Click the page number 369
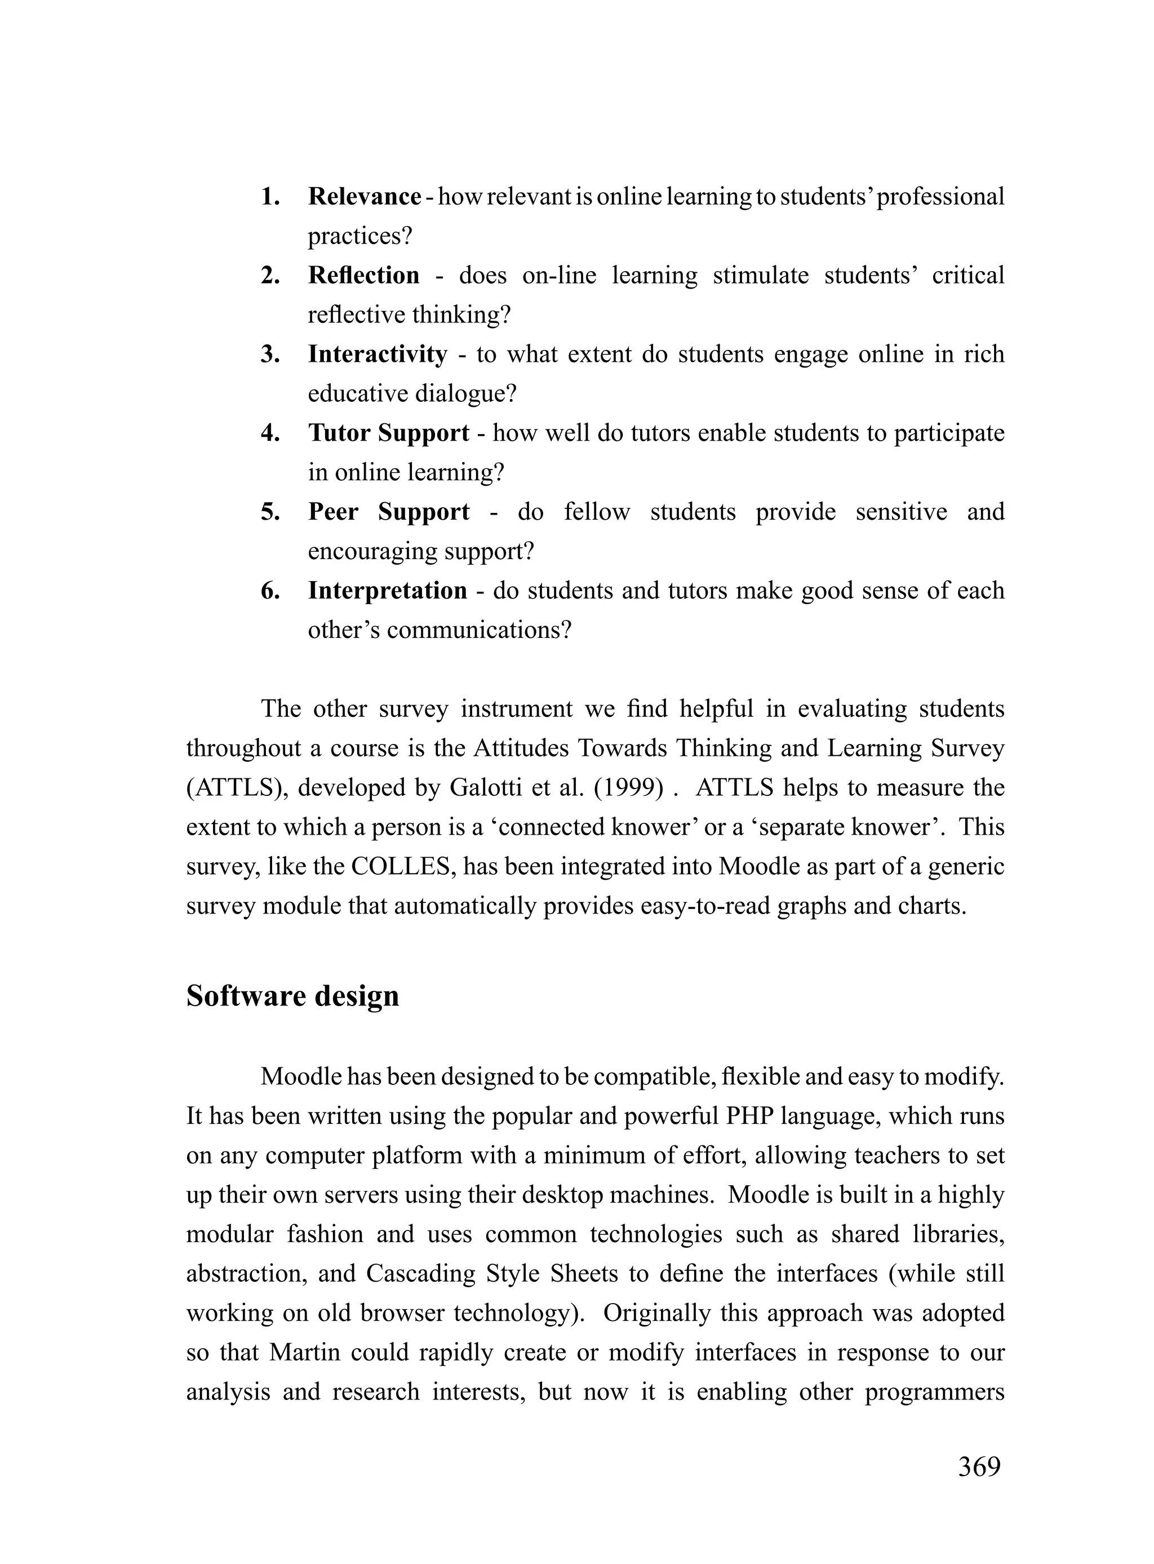(979, 1467)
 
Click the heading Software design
(292, 996)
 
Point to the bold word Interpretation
(388, 591)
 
